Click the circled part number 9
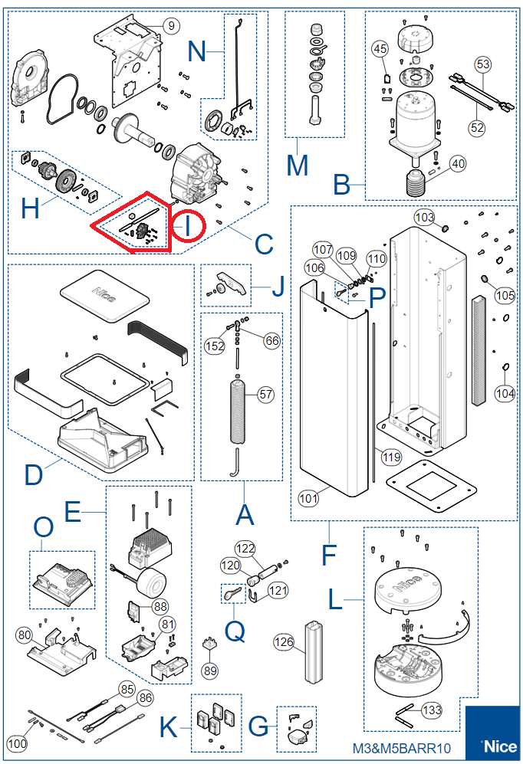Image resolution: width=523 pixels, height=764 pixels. tap(170, 25)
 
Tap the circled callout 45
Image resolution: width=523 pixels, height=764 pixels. tap(380, 49)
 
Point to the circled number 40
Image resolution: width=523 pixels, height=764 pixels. tap(458, 163)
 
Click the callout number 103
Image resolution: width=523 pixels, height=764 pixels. tap(424, 218)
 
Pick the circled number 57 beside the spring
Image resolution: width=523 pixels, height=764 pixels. tap(265, 395)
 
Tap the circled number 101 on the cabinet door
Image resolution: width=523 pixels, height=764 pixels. tap(308, 499)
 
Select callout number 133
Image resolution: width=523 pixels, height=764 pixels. tap(433, 710)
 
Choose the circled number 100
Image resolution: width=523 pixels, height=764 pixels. tap(17, 743)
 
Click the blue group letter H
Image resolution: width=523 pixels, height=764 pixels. tap(29, 208)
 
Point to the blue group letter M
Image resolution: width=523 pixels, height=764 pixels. tap(297, 164)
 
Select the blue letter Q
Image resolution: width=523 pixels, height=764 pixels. tap(236, 631)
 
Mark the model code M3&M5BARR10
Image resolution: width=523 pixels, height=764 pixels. tap(401, 748)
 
